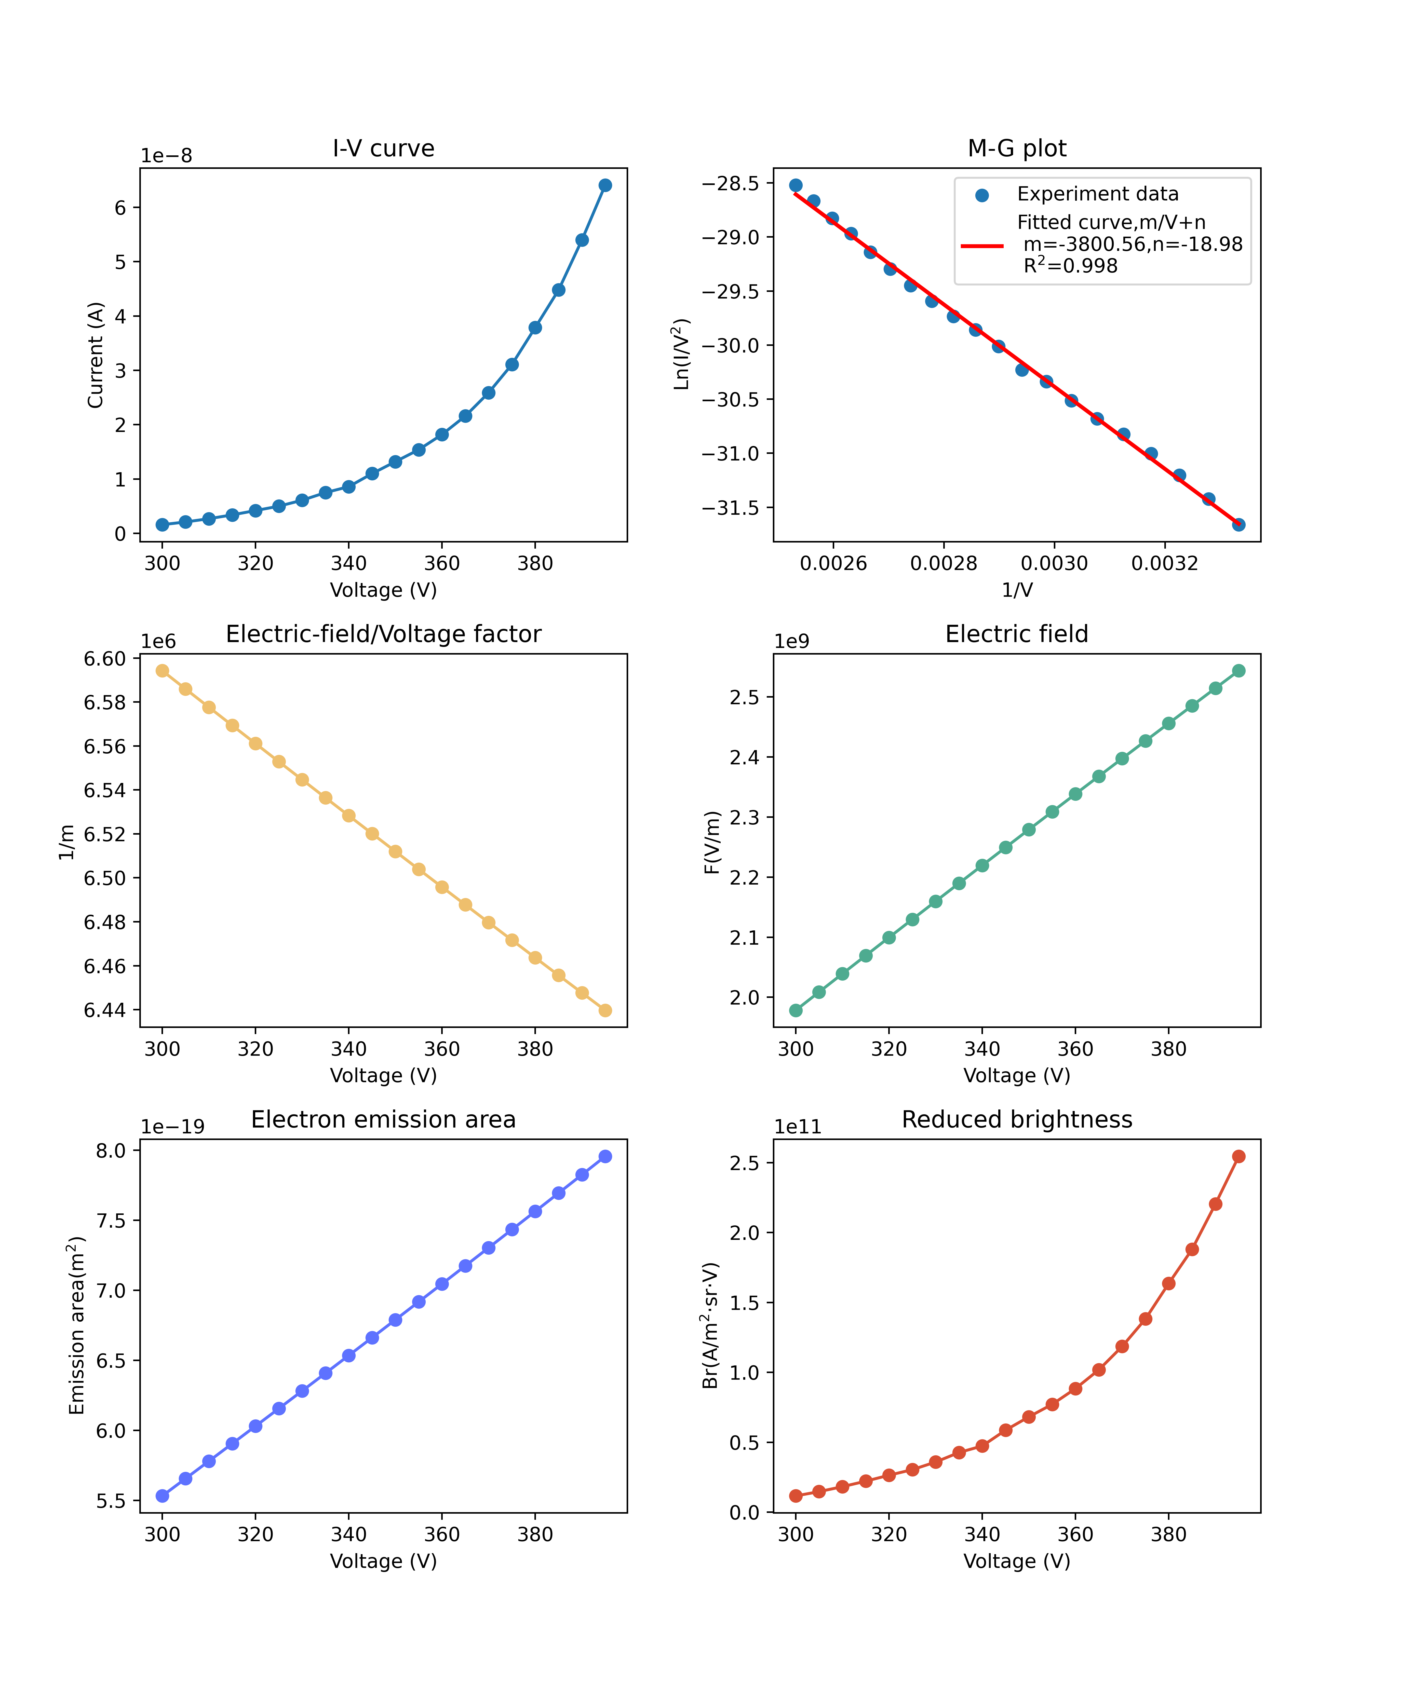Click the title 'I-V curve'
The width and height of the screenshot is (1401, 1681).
383,149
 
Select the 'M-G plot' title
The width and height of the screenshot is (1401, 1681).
1017,149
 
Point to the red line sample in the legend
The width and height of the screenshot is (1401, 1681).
982,246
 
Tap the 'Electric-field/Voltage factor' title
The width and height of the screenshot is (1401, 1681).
383,634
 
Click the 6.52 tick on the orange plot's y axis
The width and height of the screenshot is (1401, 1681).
105,834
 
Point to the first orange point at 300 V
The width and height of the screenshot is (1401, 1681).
163,671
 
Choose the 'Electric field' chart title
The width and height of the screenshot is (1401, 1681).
1017,634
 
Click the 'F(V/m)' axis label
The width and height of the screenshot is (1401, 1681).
712,842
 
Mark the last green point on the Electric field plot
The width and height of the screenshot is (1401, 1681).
1238,671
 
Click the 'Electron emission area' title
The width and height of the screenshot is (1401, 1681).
383,1120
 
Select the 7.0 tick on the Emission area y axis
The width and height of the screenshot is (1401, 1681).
111,1290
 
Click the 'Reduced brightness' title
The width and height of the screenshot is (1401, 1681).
1017,1120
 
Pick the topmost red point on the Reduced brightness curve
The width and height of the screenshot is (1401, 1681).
1238,1157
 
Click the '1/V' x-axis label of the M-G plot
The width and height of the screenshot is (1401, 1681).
1017,591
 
